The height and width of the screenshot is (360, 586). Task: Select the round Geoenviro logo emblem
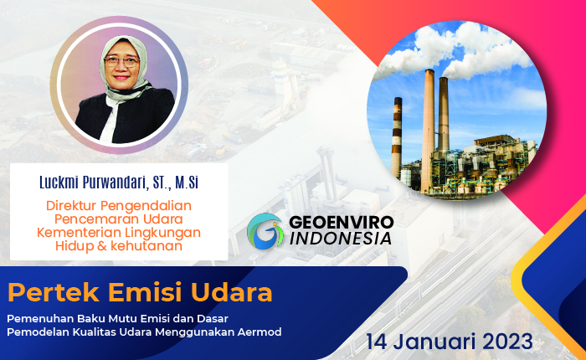[x=266, y=230]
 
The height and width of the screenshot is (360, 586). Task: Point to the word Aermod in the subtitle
[x=260, y=332]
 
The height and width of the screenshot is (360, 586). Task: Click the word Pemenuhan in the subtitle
[x=39, y=319]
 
